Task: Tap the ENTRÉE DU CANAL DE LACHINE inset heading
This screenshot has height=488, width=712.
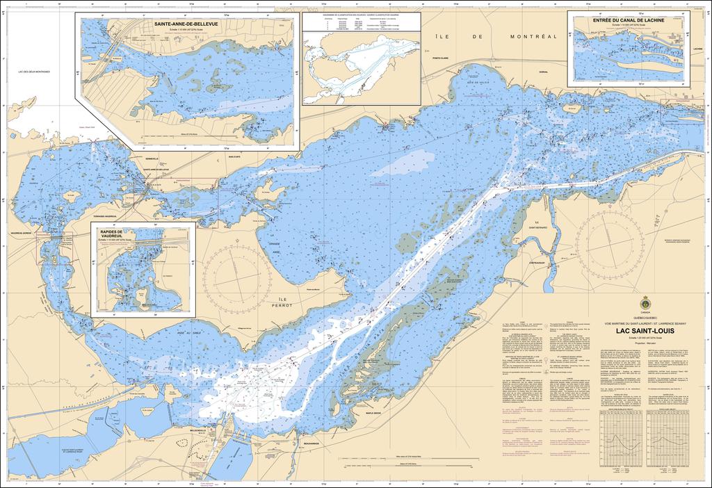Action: click(x=629, y=21)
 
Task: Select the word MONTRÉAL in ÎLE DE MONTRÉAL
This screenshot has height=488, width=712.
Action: click(x=533, y=35)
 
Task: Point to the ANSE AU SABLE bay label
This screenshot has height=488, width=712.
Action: click(x=184, y=332)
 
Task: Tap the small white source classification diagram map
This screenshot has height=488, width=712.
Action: click(x=361, y=67)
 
